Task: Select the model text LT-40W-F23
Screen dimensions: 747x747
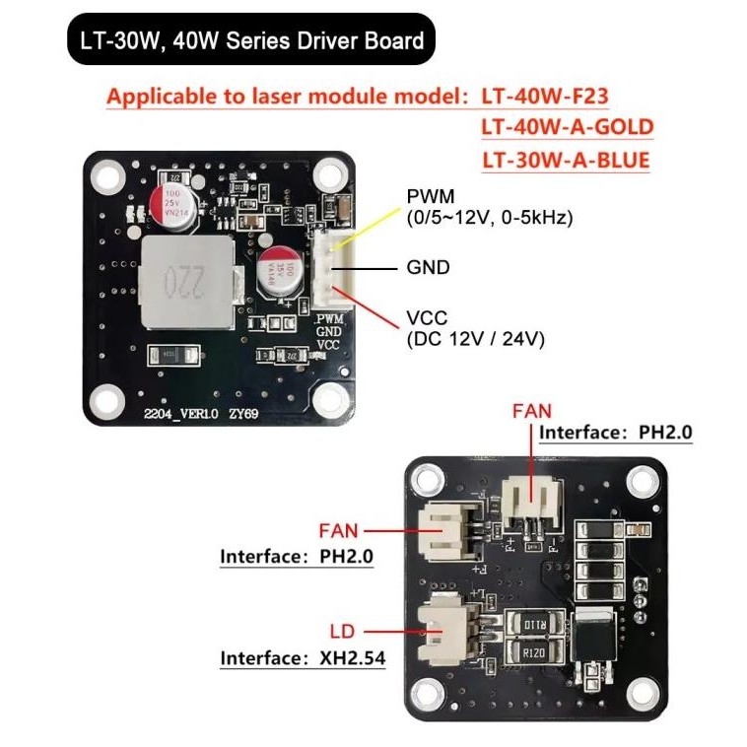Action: [x=545, y=97]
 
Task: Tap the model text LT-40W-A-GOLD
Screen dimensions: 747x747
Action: [x=567, y=127]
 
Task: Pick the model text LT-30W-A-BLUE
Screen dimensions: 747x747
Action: [x=566, y=159]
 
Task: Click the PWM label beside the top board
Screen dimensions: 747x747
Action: [x=432, y=198]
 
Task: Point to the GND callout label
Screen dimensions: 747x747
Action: [x=428, y=266]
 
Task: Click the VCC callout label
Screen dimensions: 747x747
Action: [x=428, y=318]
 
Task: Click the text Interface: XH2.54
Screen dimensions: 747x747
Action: [x=297, y=657]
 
